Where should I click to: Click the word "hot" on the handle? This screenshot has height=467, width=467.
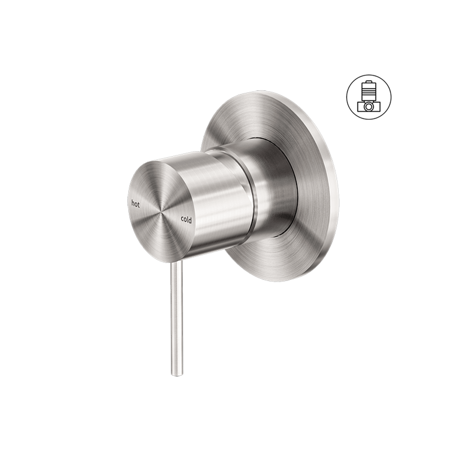[135, 204]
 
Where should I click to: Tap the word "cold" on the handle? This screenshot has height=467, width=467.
[186, 220]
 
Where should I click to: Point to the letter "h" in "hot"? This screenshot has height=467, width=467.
[133, 204]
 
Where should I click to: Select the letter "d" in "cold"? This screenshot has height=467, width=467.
[190, 220]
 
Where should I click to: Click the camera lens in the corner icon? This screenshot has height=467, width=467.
[369, 107]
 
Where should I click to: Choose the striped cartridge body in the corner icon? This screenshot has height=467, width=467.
[369, 92]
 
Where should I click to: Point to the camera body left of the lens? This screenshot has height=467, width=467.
[360, 107]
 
